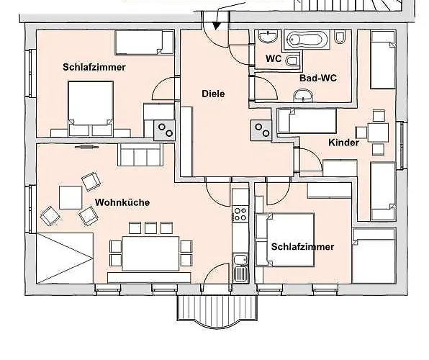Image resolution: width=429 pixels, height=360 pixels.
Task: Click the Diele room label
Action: (x=213, y=94)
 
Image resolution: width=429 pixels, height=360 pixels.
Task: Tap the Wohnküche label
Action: (x=122, y=202)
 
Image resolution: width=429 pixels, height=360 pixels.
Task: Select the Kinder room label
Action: (x=343, y=143)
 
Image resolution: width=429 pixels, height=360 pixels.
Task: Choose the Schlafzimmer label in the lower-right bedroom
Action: (x=302, y=246)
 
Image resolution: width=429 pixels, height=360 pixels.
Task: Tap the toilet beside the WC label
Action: (x=293, y=59)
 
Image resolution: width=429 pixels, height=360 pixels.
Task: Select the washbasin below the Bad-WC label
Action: (x=304, y=94)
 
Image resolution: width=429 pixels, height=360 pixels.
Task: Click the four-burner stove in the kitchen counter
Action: (x=239, y=214)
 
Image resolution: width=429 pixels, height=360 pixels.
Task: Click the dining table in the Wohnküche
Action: (x=150, y=253)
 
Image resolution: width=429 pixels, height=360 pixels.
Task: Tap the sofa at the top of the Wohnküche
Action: (x=142, y=154)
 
